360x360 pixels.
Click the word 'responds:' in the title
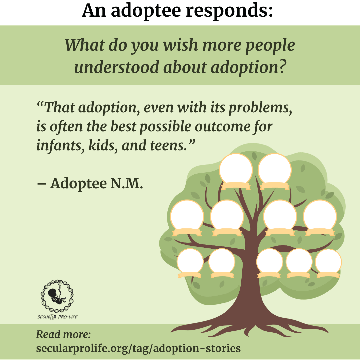coord(229,11)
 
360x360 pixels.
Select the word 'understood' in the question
coord(116,67)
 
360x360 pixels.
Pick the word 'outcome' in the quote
coord(222,127)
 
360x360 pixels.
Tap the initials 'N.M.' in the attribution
coord(127,183)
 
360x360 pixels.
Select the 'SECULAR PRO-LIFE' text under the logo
coord(57,317)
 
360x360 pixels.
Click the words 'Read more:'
coord(63,334)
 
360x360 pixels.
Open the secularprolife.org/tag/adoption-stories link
coord(138,348)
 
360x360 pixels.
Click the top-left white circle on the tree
coord(236,170)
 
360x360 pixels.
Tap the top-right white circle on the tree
coord(275,170)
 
